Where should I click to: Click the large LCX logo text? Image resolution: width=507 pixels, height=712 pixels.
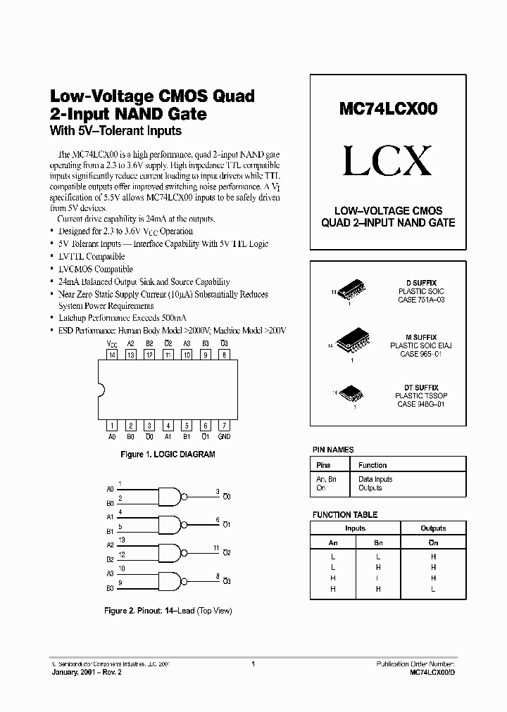click(387, 162)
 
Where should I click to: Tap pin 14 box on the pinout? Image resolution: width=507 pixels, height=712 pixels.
click(112, 356)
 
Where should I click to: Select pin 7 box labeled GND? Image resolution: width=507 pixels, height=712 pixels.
click(224, 425)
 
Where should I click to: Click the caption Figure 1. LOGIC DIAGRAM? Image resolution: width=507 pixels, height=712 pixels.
click(168, 454)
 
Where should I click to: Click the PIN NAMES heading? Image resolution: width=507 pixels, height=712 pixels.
click(333, 450)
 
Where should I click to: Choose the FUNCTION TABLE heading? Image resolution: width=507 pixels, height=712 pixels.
click(345, 515)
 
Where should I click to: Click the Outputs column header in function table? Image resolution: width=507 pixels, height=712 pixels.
click(433, 528)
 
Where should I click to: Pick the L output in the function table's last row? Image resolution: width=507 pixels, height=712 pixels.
click(433, 589)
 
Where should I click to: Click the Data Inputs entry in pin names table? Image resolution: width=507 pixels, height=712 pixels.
click(375, 479)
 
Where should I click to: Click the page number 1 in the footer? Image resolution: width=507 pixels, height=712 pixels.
click(252, 663)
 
